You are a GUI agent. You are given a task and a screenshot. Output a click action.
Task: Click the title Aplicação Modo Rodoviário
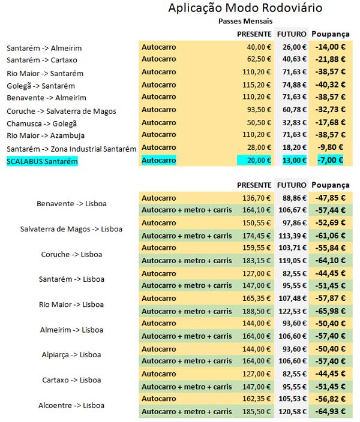click(x=245, y=8)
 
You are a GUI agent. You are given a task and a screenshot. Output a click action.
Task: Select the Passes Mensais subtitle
click(x=245, y=20)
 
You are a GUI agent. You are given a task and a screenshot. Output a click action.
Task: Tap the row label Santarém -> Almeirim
click(x=44, y=48)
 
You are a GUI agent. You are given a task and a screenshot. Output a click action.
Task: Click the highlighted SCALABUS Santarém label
click(x=42, y=161)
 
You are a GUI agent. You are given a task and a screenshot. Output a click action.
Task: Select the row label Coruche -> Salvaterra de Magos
click(x=62, y=111)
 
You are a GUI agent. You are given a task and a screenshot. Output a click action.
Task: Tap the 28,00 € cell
click(x=259, y=147)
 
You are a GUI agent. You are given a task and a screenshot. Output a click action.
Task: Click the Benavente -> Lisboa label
click(x=71, y=204)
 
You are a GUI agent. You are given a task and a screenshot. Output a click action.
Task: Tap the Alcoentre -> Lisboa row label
click(x=71, y=405)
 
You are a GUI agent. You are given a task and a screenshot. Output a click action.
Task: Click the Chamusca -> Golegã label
click(x=42, y=123)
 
